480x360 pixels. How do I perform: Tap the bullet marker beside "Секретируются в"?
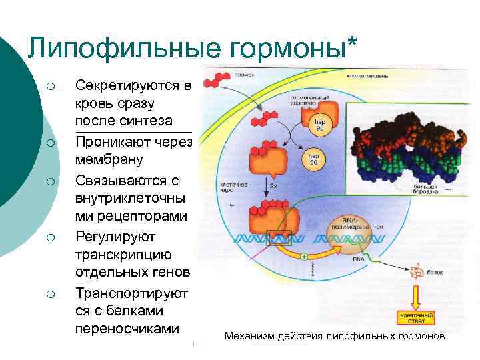click(x=48, y=86)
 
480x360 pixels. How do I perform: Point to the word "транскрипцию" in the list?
click(x=124, y=255)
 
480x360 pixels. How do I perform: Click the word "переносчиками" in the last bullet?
click(x=128, y=329)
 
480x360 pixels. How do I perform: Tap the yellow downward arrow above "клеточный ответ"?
click(x=416, y=294)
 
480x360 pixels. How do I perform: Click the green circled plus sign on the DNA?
click(x=303, y=255)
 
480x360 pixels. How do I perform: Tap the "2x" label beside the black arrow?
click(x=273, y=187)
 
